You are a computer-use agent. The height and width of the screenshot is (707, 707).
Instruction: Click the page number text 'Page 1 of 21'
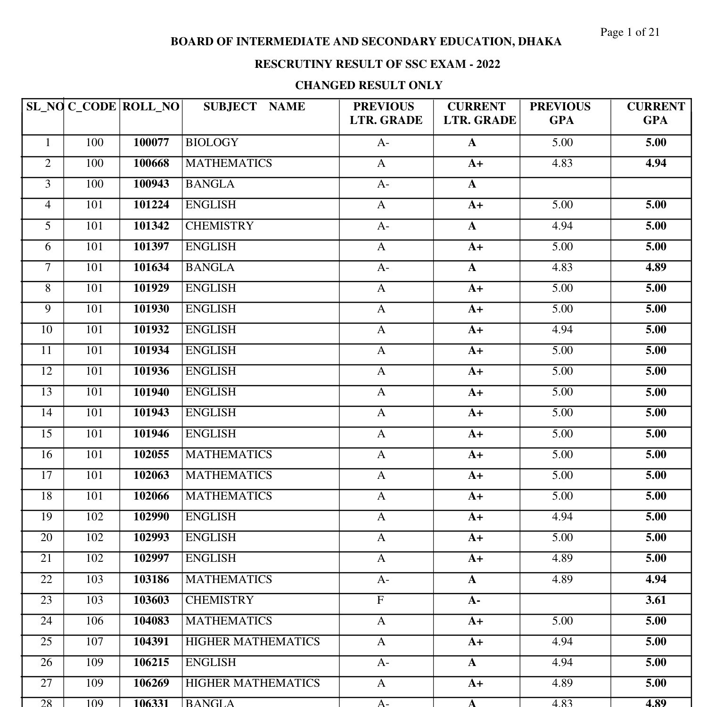coord(630,32)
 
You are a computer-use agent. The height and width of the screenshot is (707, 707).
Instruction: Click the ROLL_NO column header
coord(151,107)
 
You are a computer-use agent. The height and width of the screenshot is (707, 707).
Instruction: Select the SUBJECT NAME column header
coord(254,107)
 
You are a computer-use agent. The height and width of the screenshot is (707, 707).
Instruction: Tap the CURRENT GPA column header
coord(655,114)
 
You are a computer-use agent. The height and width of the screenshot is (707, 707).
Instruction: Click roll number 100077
coord(151,143)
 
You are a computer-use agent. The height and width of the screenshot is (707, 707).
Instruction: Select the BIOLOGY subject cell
coord(212,143)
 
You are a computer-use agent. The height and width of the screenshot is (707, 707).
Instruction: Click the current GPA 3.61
coord(656,600)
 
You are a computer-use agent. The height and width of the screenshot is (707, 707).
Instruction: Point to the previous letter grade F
coord(380,600)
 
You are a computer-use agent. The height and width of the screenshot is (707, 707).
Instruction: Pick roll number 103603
coord(151,600)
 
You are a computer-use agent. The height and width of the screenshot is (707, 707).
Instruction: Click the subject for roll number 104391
coord(252,642)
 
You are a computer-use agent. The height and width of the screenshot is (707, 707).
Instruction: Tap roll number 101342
coord(151,226)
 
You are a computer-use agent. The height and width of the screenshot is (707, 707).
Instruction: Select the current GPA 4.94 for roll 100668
coord(656,164)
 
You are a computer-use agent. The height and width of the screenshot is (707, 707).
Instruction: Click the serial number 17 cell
coord(46,476)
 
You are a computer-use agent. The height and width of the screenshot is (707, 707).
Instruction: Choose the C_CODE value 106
coord(94,621)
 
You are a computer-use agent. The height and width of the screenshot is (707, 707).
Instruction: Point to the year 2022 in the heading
coord(488,64)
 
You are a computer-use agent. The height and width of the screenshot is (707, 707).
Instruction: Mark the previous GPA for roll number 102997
coord(562,559)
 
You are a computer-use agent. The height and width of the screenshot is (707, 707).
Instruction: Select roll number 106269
coord(151,683)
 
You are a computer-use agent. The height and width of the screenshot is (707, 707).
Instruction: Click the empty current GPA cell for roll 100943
coord(651,185)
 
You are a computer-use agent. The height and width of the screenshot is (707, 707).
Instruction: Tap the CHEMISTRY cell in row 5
coord(219,226)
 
